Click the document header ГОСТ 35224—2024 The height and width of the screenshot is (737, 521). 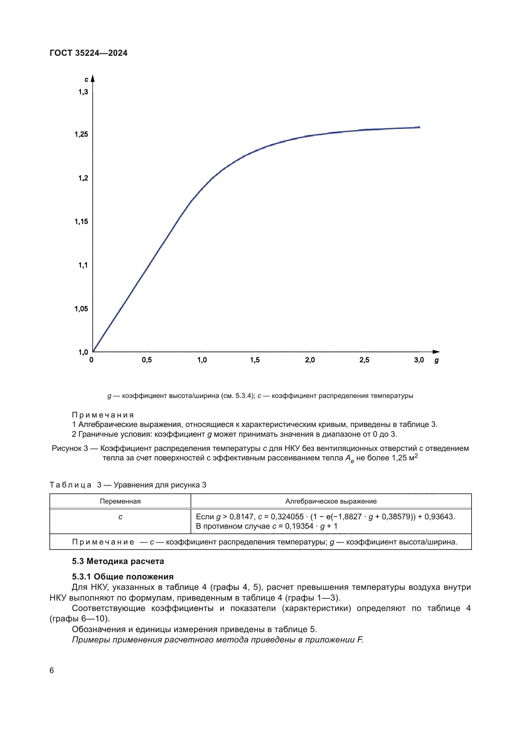click(88, 53)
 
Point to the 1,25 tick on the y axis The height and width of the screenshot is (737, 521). click(81, 134)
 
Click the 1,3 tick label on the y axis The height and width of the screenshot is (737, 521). click(83, 92)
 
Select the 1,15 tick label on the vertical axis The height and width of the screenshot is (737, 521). click(81, 222)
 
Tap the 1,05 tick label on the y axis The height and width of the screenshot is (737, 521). click(81, 309)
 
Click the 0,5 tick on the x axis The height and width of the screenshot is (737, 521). click(146, 360)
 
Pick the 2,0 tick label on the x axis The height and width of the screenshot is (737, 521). click(310, 360)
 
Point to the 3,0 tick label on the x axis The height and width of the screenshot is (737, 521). click(419, 360)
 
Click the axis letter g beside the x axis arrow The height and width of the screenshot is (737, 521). click(436, 360)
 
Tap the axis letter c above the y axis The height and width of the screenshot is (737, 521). click(86, 79)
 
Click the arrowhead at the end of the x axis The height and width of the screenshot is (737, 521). click(436, 352)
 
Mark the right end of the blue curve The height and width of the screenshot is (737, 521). click(419, 127)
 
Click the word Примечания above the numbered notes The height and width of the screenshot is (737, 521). click(103, 415)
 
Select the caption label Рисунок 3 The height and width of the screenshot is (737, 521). click(70, 448)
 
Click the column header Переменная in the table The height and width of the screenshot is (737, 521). click(120, 501)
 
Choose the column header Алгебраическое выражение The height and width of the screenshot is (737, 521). click(331, 501)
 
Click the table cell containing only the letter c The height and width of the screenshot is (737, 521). click(120, 517)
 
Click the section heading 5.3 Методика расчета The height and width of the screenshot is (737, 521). click(118, 561)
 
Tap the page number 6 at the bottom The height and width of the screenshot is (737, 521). click(52, 670)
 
